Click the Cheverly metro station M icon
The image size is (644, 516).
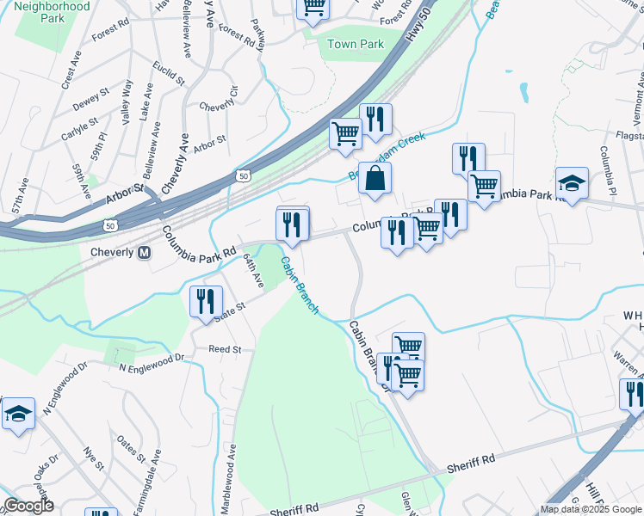(x=144, y=252)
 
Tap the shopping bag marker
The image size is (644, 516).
(x=375, y=180)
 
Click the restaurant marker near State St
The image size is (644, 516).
(x=205, y=302)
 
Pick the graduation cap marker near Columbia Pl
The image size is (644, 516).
(x=571, y=184)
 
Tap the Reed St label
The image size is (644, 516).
(x=225, y=350)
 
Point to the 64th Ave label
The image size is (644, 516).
(x=251, y=270)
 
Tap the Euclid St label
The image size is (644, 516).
(x=168, y=74)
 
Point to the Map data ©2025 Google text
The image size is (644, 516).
(x=590, y=509)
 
